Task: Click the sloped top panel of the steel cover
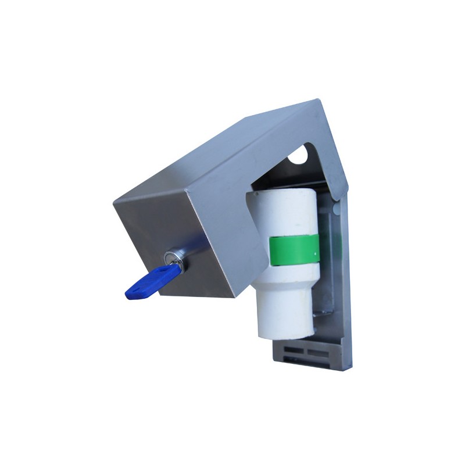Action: [x=233, y=151]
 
